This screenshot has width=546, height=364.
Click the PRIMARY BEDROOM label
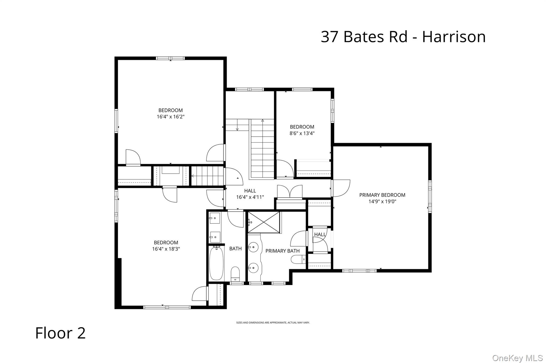tap(382, 195)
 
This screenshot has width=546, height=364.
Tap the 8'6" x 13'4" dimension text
tap(302, 133)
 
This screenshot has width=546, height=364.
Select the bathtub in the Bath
tap(216, 263)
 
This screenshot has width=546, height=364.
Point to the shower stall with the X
tap(264, 222)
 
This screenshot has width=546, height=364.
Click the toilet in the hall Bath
tap(235, 273)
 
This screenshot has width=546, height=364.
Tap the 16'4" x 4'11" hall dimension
tap(250, 197)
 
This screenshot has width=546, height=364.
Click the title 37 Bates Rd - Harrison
tap(403, 37)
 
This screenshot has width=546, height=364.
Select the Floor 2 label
tap(61, 333)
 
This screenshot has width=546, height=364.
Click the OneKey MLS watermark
tap(517, 358)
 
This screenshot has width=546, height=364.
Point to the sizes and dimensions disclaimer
tap(273, 323)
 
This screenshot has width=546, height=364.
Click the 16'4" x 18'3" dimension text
tap(166, 249)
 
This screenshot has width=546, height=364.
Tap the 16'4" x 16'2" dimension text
tap(170, 117)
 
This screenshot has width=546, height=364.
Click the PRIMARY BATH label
tap(282, 251)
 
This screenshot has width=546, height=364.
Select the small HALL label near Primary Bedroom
tap(319, 234)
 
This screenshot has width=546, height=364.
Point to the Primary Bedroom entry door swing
tap(341, 188)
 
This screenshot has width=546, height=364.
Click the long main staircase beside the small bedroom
tap(262, 149)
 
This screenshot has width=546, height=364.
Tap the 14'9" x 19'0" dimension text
tap(382, 201)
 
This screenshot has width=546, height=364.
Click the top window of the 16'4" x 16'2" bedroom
tap(170, 58)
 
